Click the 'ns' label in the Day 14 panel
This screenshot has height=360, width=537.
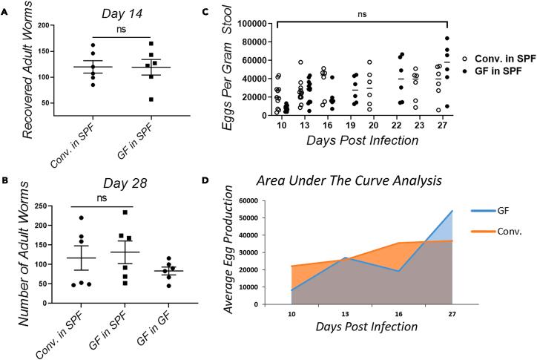coord(122,30)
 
